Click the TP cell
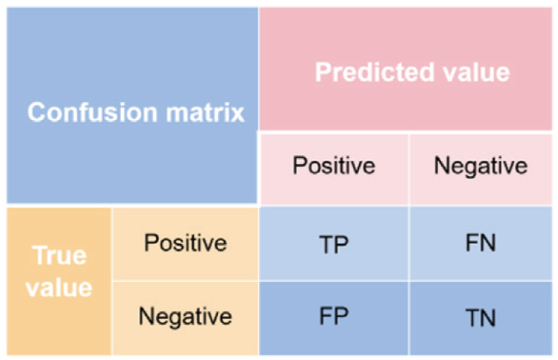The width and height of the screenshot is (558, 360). tap(333, 244)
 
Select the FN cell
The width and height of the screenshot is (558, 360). tap(481, 244)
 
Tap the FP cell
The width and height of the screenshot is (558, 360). tap(333, 318)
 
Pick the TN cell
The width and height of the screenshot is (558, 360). tap(481, 318)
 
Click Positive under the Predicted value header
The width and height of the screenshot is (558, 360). tap(334, 166)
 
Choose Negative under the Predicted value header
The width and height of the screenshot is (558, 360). tap(481, 167)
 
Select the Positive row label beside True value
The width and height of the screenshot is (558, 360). tap(185, 243)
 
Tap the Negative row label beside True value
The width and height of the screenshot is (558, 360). tap(185, 317)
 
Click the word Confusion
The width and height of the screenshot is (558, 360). tap(93, 113)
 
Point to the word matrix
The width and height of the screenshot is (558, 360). tap(205, 113)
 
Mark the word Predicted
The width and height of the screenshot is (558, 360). tap(375, 72)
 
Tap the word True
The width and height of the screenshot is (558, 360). tap(59, 256)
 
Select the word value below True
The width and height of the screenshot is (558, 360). tap(59, 288)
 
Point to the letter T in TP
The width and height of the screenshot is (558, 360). tap(326, 244)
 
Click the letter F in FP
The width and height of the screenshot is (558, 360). tap(325, 316)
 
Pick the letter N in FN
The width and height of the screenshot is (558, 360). tap(488, 243)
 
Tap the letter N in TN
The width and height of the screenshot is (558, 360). tap(488, 318)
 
